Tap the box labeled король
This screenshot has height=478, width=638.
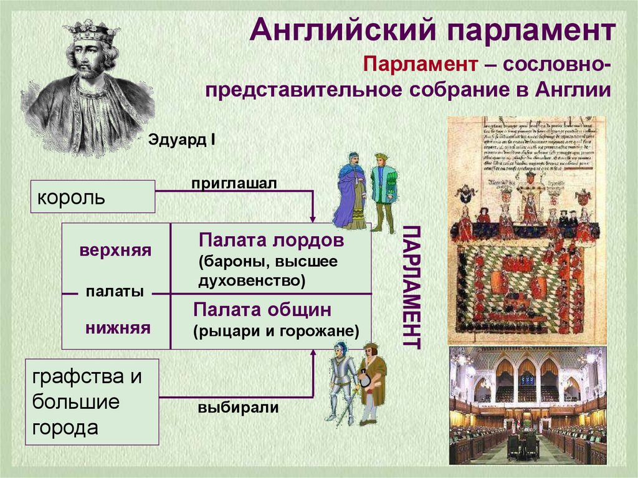[x=92, y=197]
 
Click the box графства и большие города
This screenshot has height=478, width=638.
[x=92, y=401]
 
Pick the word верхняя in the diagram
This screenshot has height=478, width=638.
[x=115, y=251]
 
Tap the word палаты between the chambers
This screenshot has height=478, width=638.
[x=115, y=292]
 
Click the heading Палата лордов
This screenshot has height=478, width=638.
[x=271, y=241]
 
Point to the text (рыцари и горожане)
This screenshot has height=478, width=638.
[x=276, y=330]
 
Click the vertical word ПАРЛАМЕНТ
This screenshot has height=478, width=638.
[x=412, y=287]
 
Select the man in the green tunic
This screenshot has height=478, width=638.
[x=383, y=190]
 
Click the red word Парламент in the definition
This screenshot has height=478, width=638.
[x=421, y=65]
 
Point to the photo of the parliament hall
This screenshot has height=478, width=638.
[x=527, y=405]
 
